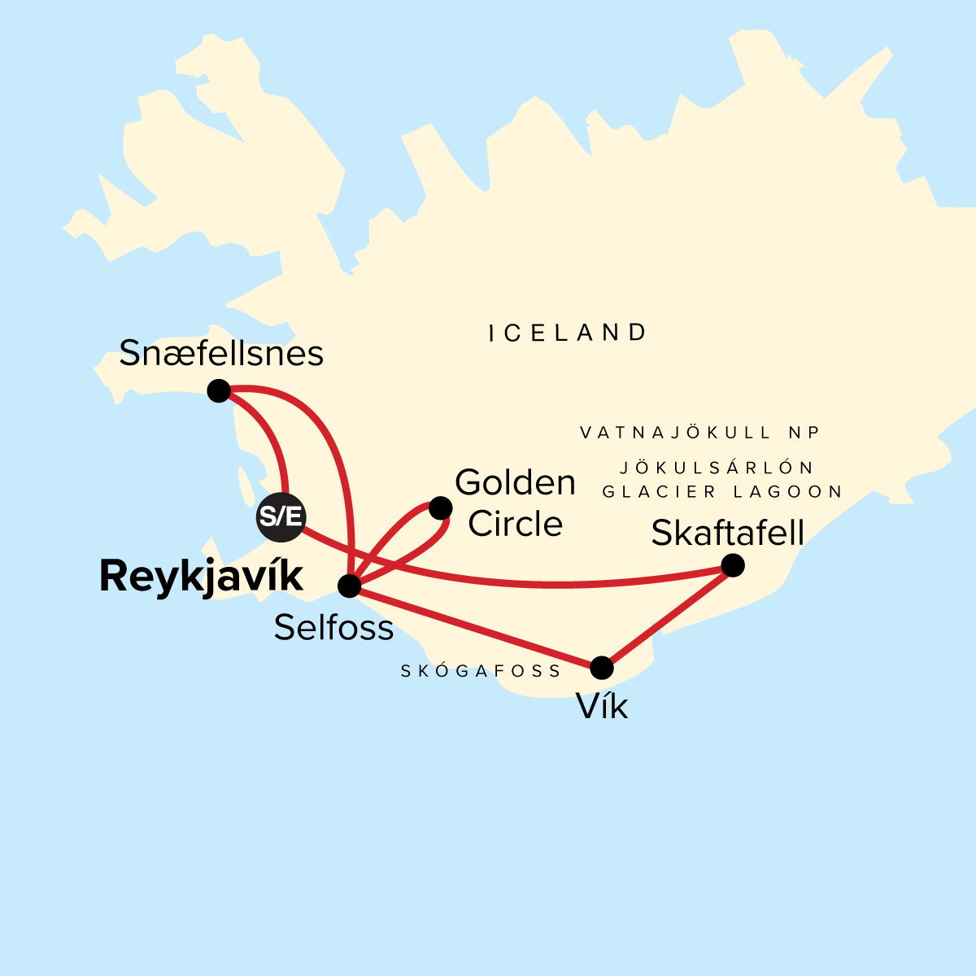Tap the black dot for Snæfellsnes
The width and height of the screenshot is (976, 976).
[x=219, y=391]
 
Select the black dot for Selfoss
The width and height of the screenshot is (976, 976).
[x=349, y=586]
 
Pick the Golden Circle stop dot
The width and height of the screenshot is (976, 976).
[x=440, y=508]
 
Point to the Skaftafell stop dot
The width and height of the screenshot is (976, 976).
[x=733, y=565]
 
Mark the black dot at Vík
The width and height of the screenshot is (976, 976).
[x=601, y=668]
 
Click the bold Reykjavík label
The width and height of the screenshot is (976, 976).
[x=201, y=577]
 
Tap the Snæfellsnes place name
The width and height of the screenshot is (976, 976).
[x=221, y=354]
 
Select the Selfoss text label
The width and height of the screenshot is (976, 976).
[x=333, y=627]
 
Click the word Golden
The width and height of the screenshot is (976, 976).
[x=515, y=483]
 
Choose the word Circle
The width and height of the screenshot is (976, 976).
[x=515, y=525]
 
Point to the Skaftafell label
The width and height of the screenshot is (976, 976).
[x=728, y=534]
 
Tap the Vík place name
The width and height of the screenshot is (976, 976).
[x=603, y=707]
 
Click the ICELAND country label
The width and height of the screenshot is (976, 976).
[x=568, y=333]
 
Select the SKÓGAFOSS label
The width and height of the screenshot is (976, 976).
[x=481, y=672]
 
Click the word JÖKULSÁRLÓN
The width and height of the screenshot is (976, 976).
[x=717, y=468]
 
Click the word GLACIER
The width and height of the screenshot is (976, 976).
[x=660, y=492]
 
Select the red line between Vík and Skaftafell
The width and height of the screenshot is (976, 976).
[x=667, y=617]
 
